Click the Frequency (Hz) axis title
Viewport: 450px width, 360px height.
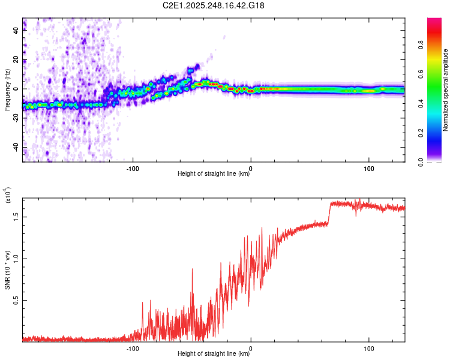click(7, 89)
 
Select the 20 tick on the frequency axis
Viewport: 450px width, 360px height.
click(16, 60)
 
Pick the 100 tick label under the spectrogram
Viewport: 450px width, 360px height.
click(368, 167)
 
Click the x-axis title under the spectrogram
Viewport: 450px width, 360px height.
click(214, 174)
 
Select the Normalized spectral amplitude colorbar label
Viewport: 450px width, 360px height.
click(446, 90)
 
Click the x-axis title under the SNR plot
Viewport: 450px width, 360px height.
click(214, 354)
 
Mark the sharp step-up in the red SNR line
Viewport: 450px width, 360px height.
click(329, 213)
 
